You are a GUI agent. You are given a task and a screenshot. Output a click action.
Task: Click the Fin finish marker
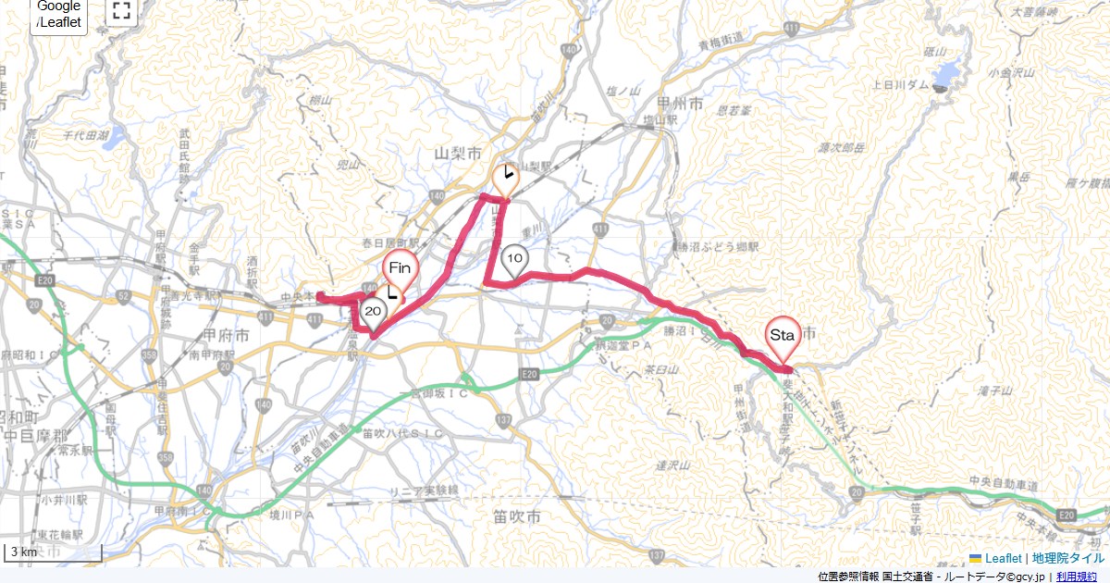(400, 270)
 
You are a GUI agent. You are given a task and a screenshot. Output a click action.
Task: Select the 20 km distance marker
(374, 312)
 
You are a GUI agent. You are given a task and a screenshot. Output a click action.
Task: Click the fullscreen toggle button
(121, 11)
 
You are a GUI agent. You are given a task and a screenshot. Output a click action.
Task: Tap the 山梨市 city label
(460, 151)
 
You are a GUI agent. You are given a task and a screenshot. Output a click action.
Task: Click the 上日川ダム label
(894, 84)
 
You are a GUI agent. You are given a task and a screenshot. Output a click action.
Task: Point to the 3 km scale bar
(53, 552)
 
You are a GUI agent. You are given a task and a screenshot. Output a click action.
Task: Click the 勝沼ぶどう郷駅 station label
(716, 247)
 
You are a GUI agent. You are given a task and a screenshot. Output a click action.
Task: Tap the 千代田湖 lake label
(86, 135)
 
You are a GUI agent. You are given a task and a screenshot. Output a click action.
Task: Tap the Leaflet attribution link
(1003, 558)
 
